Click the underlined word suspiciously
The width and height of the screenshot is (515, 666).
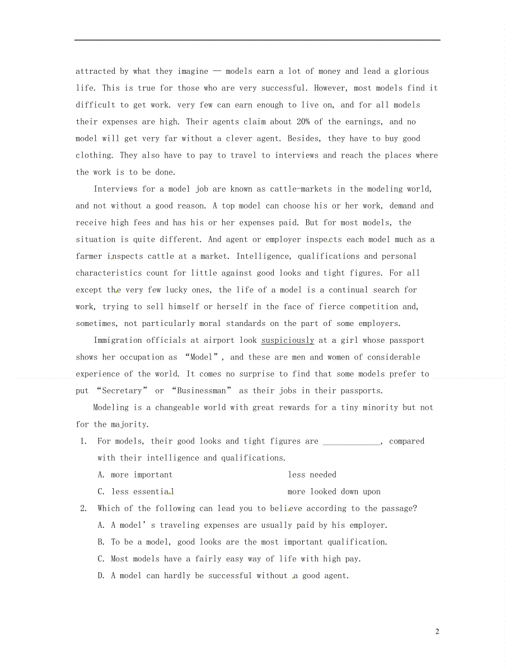point(288,340)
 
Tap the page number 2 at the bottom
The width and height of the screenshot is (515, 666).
point(437,631)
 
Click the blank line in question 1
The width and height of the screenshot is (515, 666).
point(352,441)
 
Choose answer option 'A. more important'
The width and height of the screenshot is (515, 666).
point(135,475)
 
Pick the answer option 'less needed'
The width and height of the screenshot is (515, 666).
point(312,475)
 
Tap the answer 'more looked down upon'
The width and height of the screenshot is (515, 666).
point(334,492)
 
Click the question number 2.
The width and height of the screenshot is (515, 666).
point(83,508)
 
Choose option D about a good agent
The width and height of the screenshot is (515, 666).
point(223,575)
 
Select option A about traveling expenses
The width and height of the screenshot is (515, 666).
point(242,525)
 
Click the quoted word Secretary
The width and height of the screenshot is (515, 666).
point(121,390)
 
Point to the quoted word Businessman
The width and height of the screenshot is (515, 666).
point(202,390)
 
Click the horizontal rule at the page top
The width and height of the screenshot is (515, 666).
point(257,40)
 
